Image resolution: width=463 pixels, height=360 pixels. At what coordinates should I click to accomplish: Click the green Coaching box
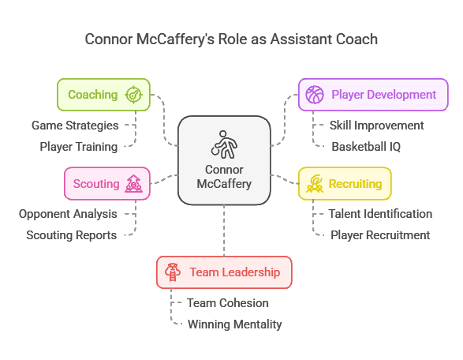point(103,95)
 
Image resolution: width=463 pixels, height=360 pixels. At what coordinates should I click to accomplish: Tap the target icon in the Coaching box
point(134,95)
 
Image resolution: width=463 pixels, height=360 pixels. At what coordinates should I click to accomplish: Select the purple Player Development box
point(373,95)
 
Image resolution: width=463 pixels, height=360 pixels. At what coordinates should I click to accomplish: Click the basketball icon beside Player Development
point(315,95)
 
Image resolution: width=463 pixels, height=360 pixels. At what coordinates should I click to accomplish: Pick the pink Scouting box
point(107,183)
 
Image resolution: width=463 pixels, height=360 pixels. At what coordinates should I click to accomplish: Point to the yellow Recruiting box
point(345,183)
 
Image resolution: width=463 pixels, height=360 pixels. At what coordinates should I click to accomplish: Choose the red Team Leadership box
point(224,272)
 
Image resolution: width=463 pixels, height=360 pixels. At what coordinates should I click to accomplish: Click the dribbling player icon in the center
point(224,144)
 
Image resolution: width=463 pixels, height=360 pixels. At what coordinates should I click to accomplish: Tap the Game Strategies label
point(75,126)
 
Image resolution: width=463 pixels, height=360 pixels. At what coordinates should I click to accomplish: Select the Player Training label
point(79,147)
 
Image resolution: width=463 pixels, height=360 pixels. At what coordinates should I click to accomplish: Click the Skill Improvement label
point(376,126)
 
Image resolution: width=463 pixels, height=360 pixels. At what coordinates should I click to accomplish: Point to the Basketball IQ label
point(366,147)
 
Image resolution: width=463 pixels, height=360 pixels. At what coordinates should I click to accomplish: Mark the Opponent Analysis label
point(68,214)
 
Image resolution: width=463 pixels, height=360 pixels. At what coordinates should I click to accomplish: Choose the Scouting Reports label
point(72,235)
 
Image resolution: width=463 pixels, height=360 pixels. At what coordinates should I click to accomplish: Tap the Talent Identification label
point(380,214)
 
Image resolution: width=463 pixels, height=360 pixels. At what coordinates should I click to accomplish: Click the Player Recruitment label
point(380,235)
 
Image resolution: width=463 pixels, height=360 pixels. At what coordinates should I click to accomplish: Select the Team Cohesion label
point(228,303)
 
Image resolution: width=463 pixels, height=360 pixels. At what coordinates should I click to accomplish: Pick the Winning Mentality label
point(235,324)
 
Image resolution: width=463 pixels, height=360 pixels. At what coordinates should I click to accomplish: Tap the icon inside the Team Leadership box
point(173,272)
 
